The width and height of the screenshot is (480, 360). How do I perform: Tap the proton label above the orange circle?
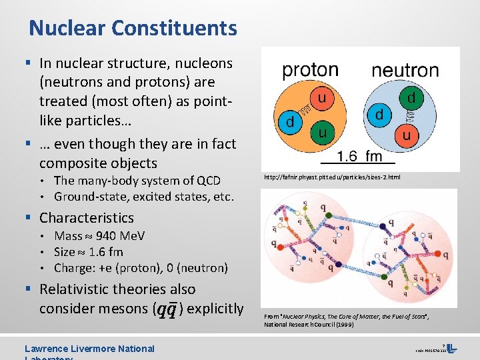click(310, 70)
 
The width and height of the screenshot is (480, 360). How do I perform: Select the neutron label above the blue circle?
click(405, 70)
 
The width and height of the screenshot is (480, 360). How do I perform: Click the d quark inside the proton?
click(290, 123)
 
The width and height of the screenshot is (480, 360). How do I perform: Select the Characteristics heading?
click(86, 218)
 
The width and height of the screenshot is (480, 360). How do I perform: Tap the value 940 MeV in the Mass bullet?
click(121, 236)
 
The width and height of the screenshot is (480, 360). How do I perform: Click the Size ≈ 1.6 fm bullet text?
click(89, 252)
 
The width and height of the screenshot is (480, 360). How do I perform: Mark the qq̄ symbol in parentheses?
click(167, 309)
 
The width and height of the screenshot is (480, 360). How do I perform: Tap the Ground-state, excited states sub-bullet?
click(144, 197)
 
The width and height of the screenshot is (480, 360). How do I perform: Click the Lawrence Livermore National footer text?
click(89, 349)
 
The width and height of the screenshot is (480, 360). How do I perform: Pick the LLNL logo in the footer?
click(451, 348)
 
